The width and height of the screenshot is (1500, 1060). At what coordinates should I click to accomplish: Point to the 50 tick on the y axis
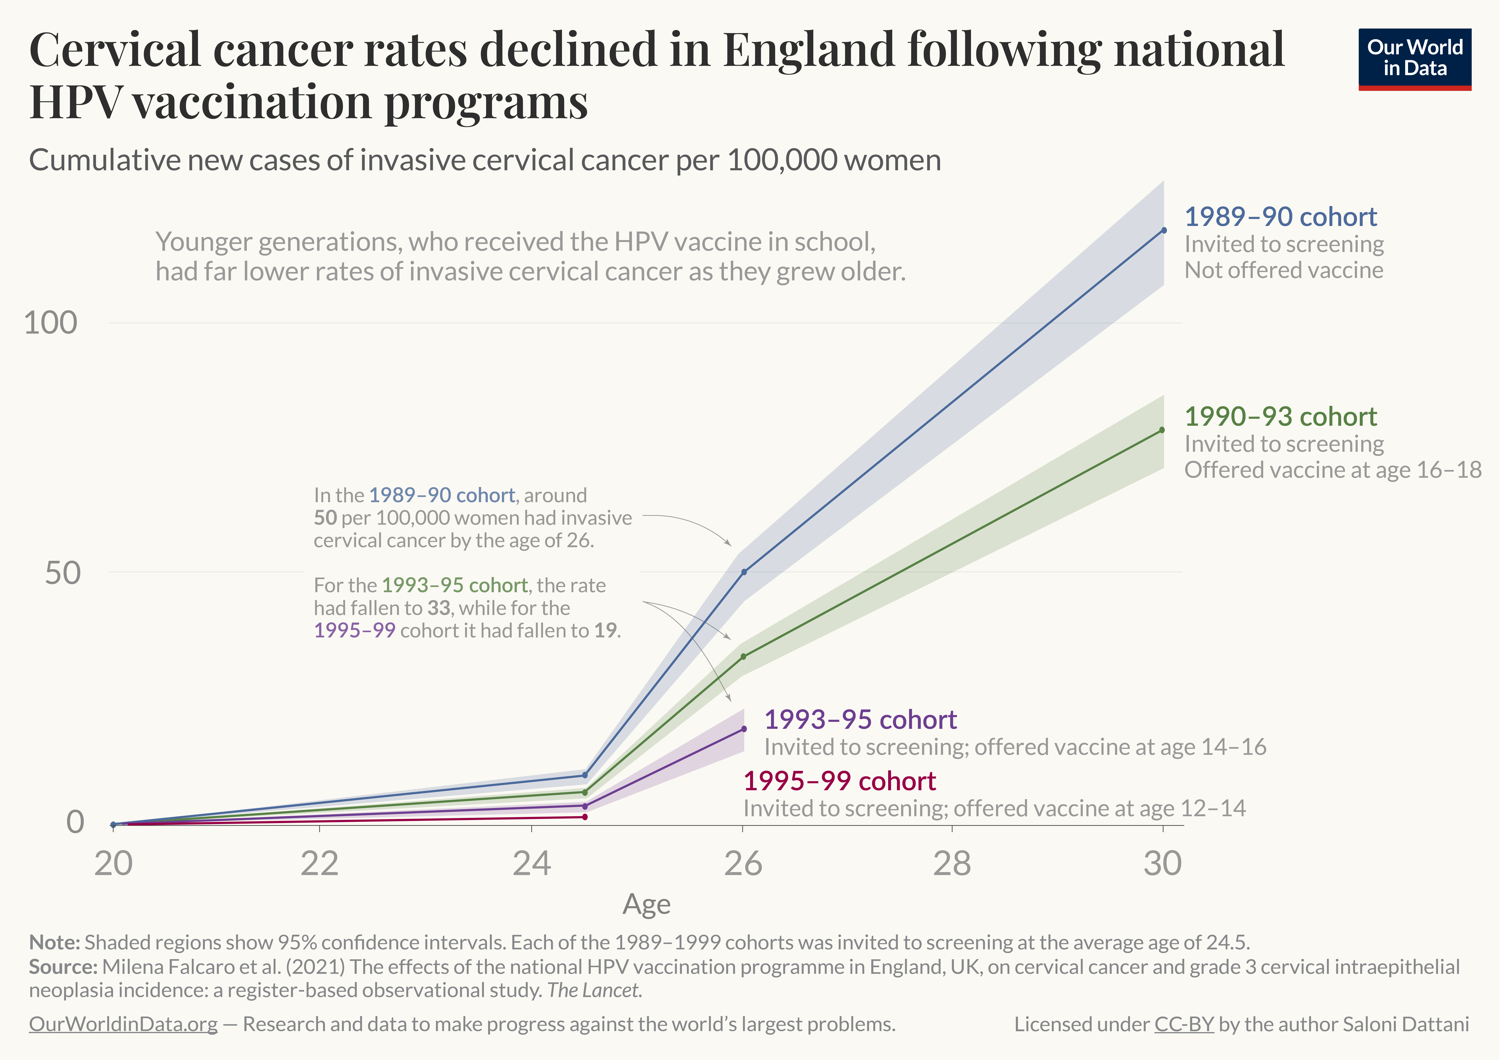click(63, 573)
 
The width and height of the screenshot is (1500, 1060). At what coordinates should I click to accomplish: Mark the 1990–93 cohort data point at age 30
click(1162, 430)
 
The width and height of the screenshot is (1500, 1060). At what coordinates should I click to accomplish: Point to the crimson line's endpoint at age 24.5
click(585, 817)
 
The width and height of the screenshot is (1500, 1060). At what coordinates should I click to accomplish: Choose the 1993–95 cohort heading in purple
click(860, 720)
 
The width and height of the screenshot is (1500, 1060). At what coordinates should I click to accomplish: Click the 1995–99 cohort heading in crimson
click(839, 781)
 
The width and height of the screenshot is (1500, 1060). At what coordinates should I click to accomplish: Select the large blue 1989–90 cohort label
click(1280, 216)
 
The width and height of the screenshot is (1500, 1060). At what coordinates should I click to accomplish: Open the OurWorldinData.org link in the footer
click(123, 1024)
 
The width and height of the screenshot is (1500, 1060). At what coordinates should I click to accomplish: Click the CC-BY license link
click(1184, 1024)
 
